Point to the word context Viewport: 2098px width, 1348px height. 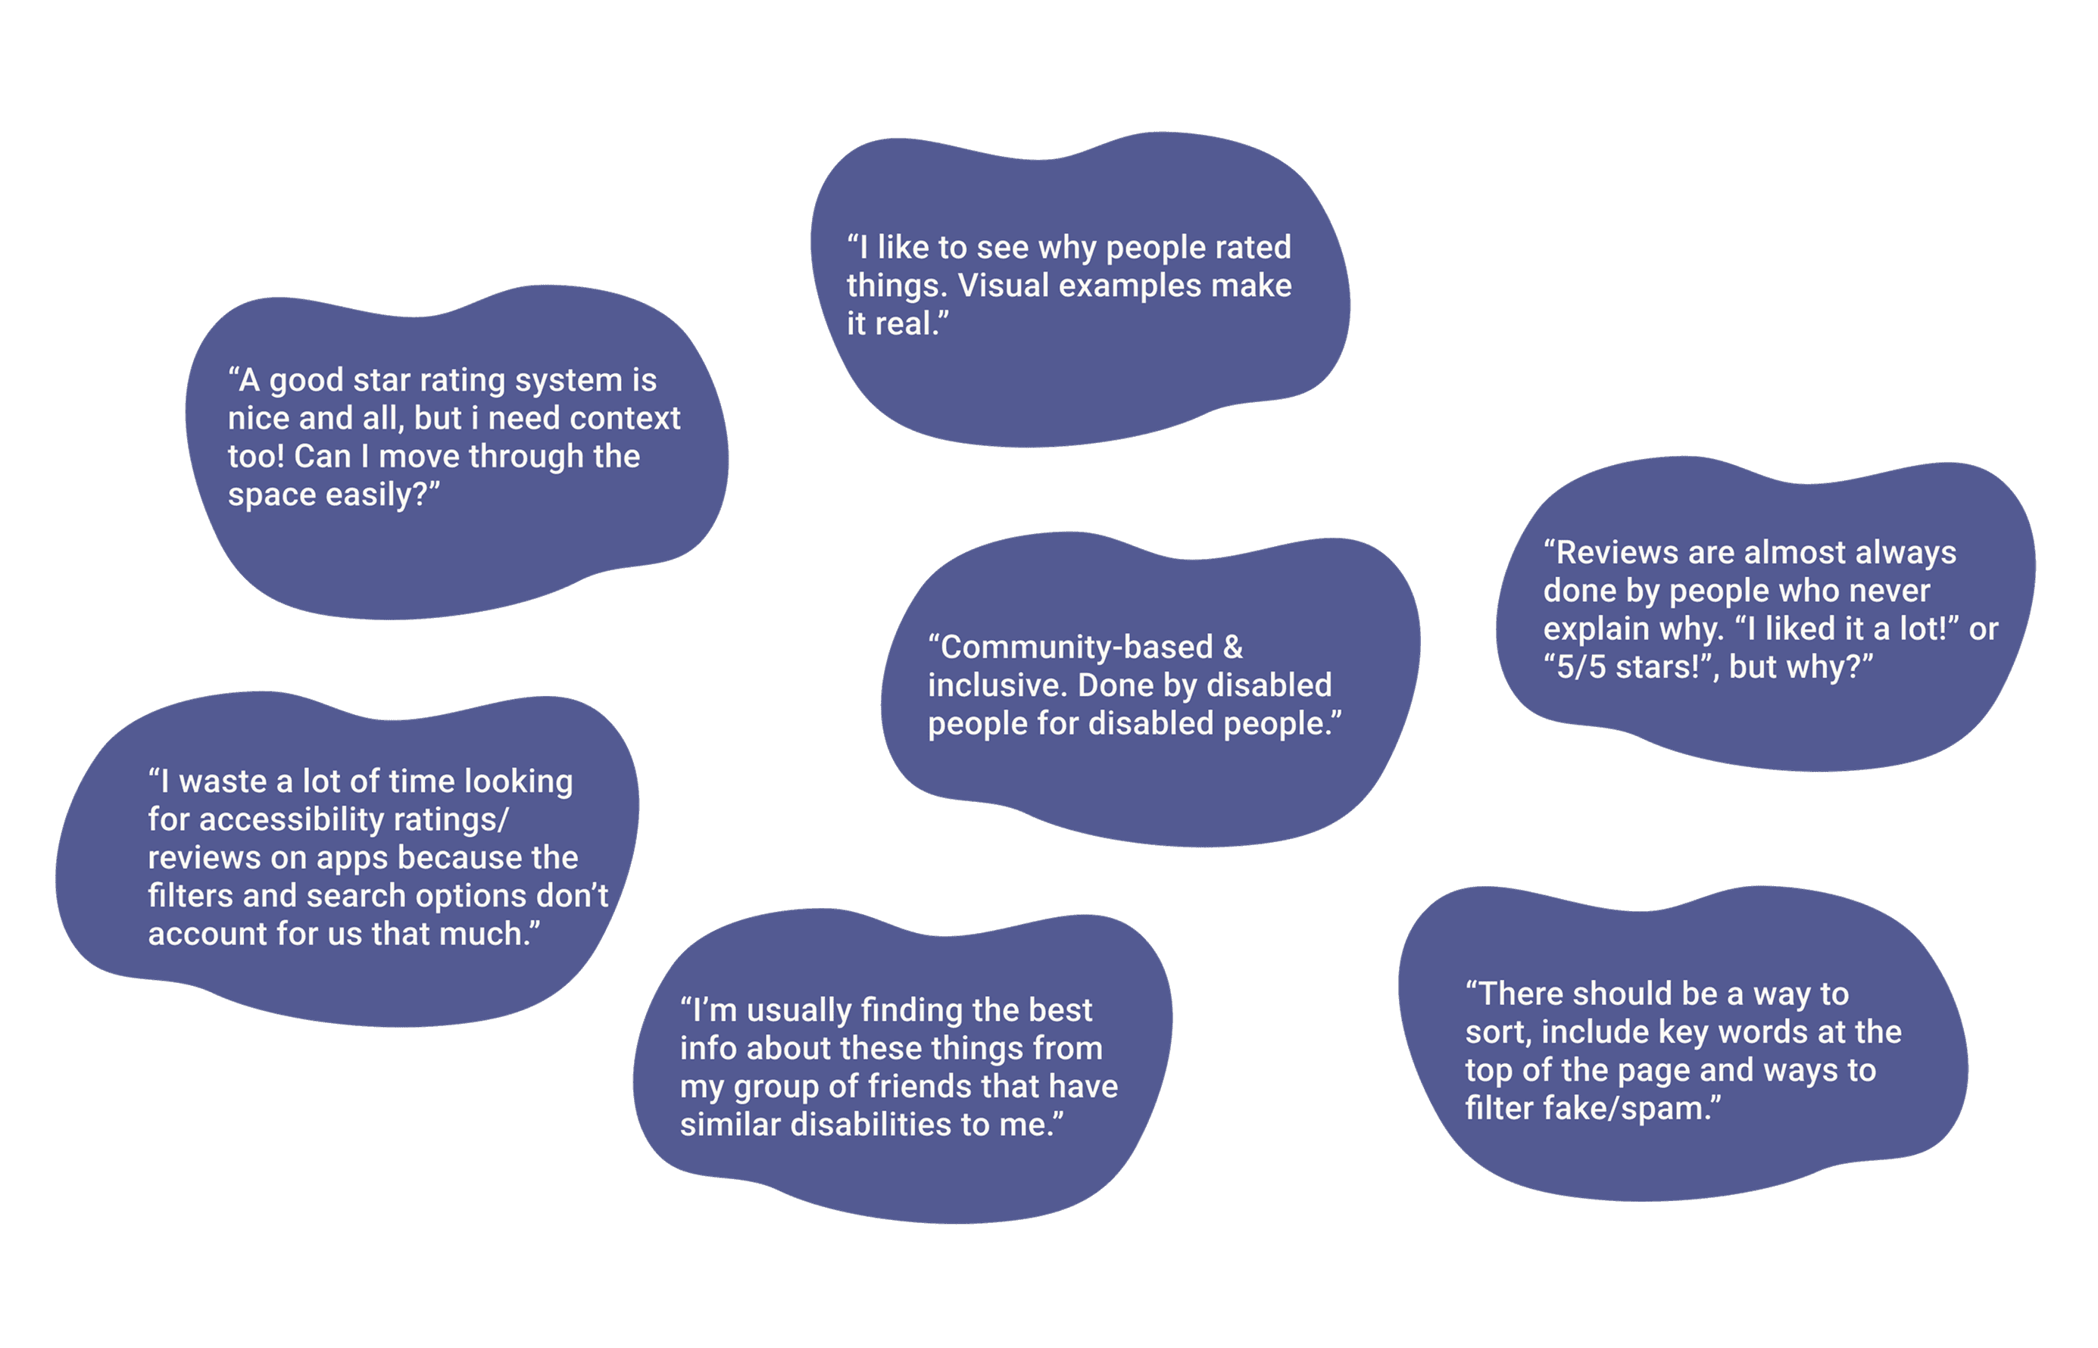(x=625, y=418)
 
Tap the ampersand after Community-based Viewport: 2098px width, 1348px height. (x=1232, y=647)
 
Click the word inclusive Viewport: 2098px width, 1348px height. (x=996, y=685)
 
